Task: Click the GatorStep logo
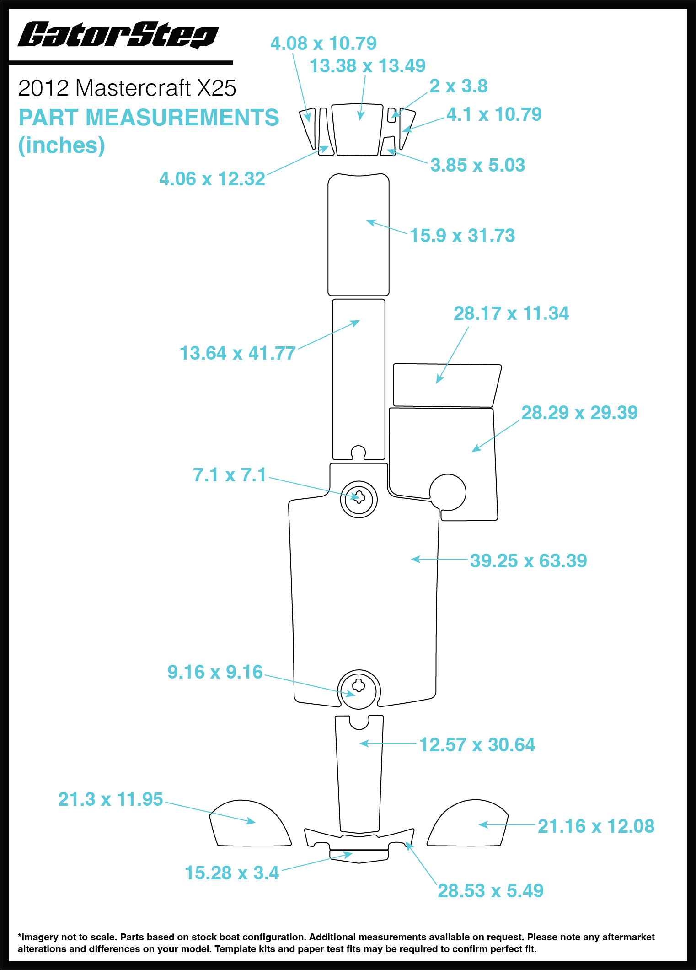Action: pyautogui.click(x=118, y=35)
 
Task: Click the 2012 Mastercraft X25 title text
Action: pyautogui.click(x=127, y=88)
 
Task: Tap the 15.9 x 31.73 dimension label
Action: pyautogui.click(x=462, y=236)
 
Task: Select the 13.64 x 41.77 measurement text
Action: pyautogui.click(x=237, y=353)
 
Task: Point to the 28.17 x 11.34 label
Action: pyautogui.click(x=511, y=314)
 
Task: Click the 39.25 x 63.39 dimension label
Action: pyautogui.click(x=528, y=561)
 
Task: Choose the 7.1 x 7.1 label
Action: pyautogui.click(x=230, y=475)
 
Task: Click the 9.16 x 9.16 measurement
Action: pyautogui.click(x=215, y=672)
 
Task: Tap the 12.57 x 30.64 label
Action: pyautogui.click(x=477, y=745)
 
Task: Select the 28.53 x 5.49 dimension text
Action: pyautogui.click(x=490, y=891)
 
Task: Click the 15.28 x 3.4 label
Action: pyautogui.click(x=232, y=873)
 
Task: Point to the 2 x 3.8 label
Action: pyautogui.click(x=458, y=86)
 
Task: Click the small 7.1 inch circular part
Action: pyautogui.click(x=359, y=499)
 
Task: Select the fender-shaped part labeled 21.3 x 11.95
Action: pyautogui.click(x=249, y=826)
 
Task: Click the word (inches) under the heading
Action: pyautogui.click(x=61, y=145)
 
